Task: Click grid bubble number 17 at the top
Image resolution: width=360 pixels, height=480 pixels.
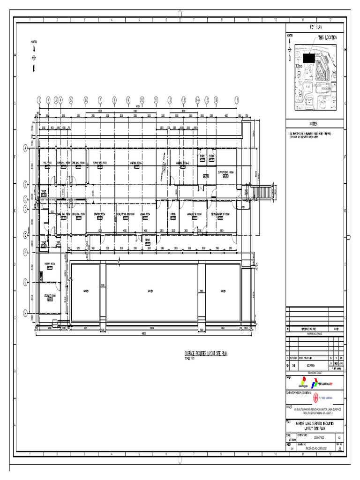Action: [237, 100]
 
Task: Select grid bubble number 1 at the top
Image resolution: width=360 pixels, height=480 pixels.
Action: [39, 100]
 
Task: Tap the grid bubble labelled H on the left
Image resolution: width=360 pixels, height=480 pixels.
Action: [25, 313]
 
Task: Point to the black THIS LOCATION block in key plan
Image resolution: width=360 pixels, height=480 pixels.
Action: [309, 58]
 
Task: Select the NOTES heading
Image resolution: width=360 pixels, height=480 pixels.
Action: [313, 124]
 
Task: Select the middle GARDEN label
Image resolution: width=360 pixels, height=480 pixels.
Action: [150, 291]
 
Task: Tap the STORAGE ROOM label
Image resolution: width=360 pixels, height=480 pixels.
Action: [50, 296]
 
